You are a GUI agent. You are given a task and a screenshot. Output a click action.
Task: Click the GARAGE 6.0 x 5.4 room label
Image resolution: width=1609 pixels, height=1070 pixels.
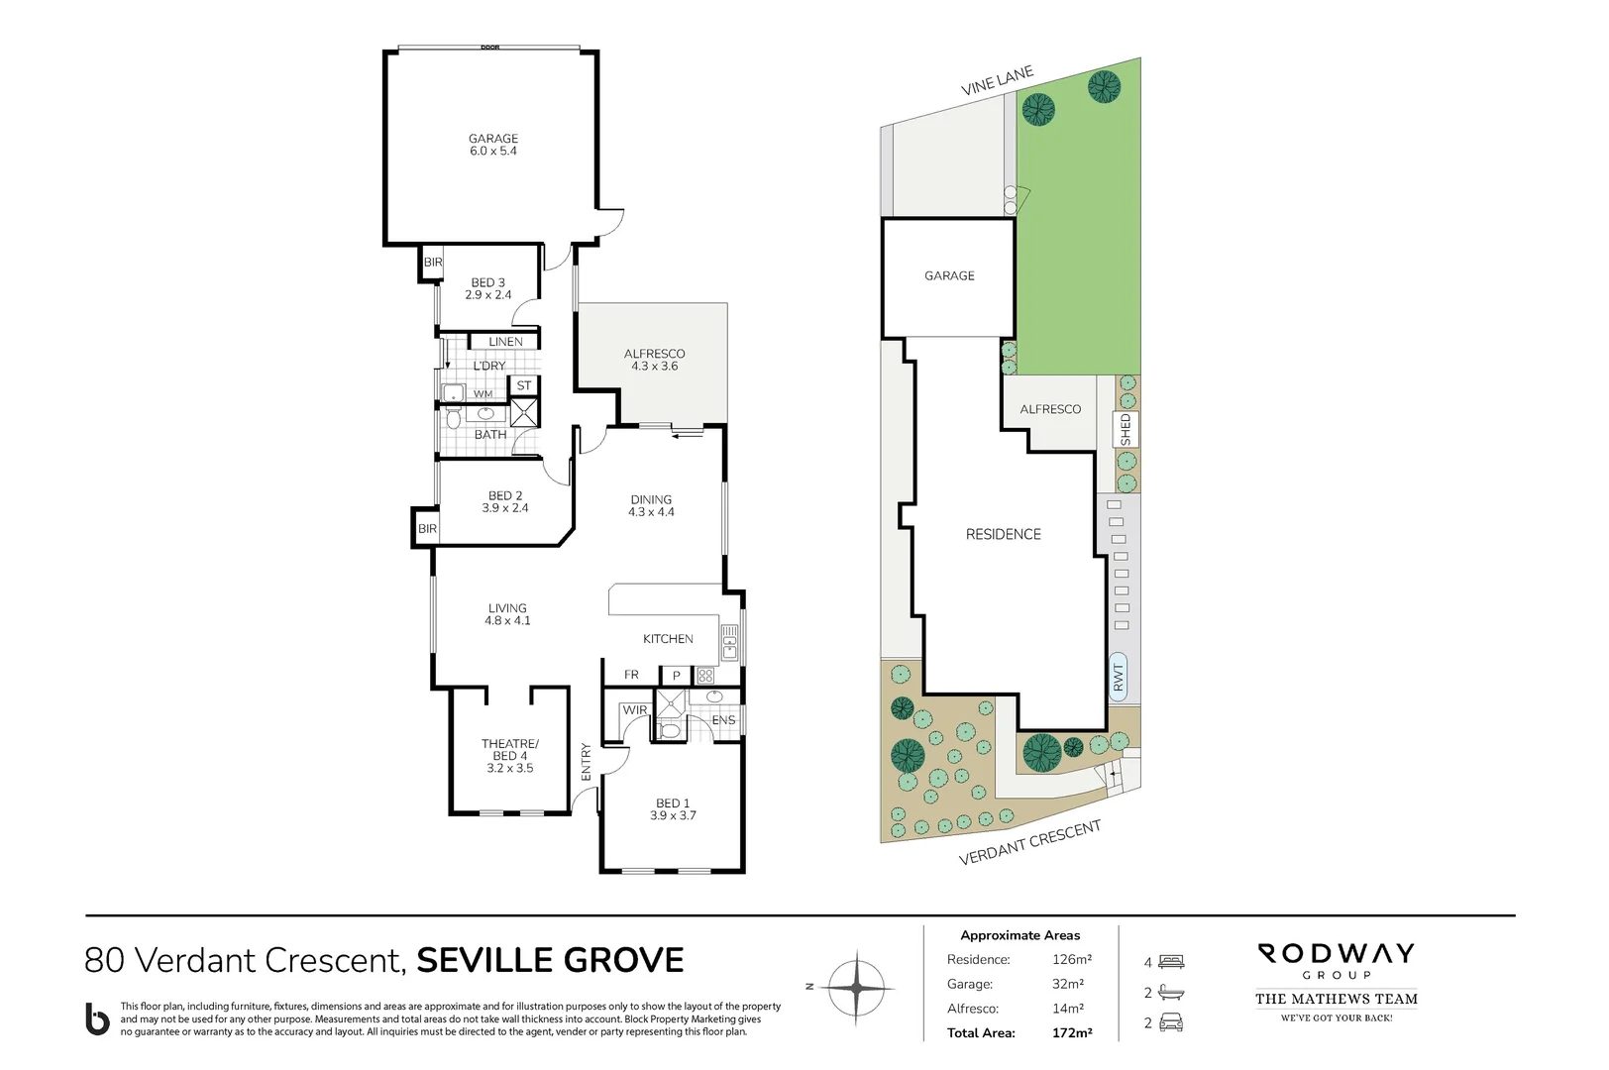(x=493, y=145)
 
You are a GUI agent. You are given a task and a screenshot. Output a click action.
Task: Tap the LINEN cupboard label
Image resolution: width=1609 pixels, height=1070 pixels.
(x=505, y=342)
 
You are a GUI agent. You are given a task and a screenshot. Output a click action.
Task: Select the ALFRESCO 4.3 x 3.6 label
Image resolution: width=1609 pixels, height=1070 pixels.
(x=654, y=360)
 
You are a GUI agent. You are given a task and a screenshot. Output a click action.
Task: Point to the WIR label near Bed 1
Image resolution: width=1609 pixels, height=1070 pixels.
(x=634, y=710)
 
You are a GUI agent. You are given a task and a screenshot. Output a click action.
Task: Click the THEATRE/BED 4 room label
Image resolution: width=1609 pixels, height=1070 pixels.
(x=509, y=755)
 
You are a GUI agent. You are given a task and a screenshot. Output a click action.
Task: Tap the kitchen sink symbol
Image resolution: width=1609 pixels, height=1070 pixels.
(x=729, y=642)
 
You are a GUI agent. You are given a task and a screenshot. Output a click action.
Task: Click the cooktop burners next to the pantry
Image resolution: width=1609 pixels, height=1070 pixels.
(x=705, y=676)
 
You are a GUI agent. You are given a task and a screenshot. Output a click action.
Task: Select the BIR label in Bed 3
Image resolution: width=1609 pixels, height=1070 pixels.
(x=433, y=263)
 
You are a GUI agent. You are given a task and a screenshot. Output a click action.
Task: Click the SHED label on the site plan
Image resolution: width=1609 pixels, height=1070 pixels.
(x=1126, y=429)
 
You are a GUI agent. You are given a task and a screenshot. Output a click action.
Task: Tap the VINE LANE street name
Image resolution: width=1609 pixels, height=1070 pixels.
(x=997, y=80)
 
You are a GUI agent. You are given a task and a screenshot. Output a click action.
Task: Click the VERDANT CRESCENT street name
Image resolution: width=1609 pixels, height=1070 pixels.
(x=1029, y=842)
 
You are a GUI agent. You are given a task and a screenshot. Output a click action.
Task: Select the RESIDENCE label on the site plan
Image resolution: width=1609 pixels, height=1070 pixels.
(x=1003, y=534)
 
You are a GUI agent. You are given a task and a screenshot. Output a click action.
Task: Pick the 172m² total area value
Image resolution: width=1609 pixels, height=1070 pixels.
(x=1071, y=1032)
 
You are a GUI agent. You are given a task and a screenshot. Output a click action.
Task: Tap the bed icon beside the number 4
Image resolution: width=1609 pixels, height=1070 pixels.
(x=1171, y=961)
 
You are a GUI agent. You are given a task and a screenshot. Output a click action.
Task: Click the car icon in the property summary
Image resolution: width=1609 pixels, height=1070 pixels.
(x=1171, y=1022)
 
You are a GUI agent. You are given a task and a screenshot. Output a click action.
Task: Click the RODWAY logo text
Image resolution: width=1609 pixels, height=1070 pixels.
(x=1336, y=954)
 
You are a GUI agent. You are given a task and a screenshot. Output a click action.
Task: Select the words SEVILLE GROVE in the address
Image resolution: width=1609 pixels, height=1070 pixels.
(x=550, y=960)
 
